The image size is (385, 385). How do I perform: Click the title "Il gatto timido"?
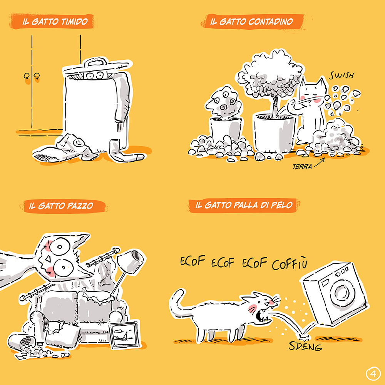(55, 22)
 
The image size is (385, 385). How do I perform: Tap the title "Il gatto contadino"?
(251, 22)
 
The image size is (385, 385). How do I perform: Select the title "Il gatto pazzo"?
(61, 206)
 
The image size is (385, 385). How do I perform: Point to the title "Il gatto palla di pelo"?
(244, 205)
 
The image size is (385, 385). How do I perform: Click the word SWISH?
(342, 75)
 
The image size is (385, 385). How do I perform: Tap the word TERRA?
(302, 167)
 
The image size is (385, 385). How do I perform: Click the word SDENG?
(305, 346)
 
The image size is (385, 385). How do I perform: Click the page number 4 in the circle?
(373, 374)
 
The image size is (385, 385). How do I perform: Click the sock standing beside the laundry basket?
(124, 151)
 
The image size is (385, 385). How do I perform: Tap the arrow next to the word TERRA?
(320, 162)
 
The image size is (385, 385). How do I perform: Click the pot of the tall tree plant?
(274, 132)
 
